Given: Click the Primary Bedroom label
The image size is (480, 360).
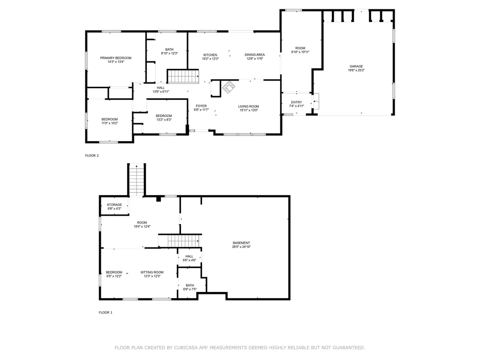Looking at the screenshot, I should point(116,60).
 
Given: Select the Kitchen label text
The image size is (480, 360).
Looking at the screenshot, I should point(210,57).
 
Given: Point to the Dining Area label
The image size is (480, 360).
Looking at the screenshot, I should point(255,57).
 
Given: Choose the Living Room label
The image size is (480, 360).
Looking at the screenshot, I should point(248,109).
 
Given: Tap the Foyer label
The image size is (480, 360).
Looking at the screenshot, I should point(201,108).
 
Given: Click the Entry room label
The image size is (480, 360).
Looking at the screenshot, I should point(296,104).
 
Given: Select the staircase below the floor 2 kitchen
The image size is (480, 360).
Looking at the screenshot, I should point(183,75).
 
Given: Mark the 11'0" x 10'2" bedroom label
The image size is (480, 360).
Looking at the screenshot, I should point(110,121).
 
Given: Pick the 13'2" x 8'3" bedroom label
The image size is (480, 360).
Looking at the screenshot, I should point(164,118).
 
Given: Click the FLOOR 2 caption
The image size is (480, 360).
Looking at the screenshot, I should point(92,155).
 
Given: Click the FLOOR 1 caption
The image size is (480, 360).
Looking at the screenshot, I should point(105,312).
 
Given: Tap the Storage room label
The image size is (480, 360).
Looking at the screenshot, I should point(114,206).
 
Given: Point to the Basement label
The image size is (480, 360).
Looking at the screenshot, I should point(241,245).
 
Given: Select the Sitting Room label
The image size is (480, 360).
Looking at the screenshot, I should point(152,274).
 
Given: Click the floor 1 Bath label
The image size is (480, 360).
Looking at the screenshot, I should point(190,287).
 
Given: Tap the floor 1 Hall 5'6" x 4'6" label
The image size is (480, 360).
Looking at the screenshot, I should point(189,258).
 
